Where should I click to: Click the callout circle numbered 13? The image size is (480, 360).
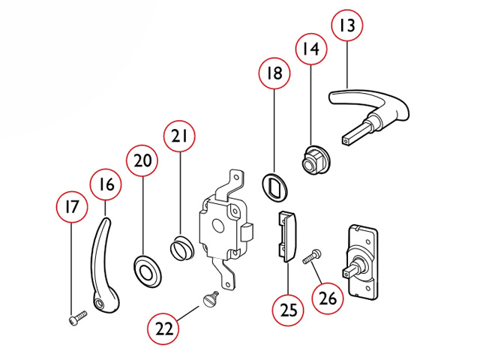(346, 26)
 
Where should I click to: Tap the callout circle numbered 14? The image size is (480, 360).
(310, 50)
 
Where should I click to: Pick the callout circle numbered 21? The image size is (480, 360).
(180, 137)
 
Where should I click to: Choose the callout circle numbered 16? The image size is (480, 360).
(106, 184)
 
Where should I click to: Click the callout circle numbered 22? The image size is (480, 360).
(163, 328)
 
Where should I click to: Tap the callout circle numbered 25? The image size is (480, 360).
(289, 309)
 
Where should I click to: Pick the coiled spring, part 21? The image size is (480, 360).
(182, 246)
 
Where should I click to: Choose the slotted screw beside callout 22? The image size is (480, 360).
(211, 299)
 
